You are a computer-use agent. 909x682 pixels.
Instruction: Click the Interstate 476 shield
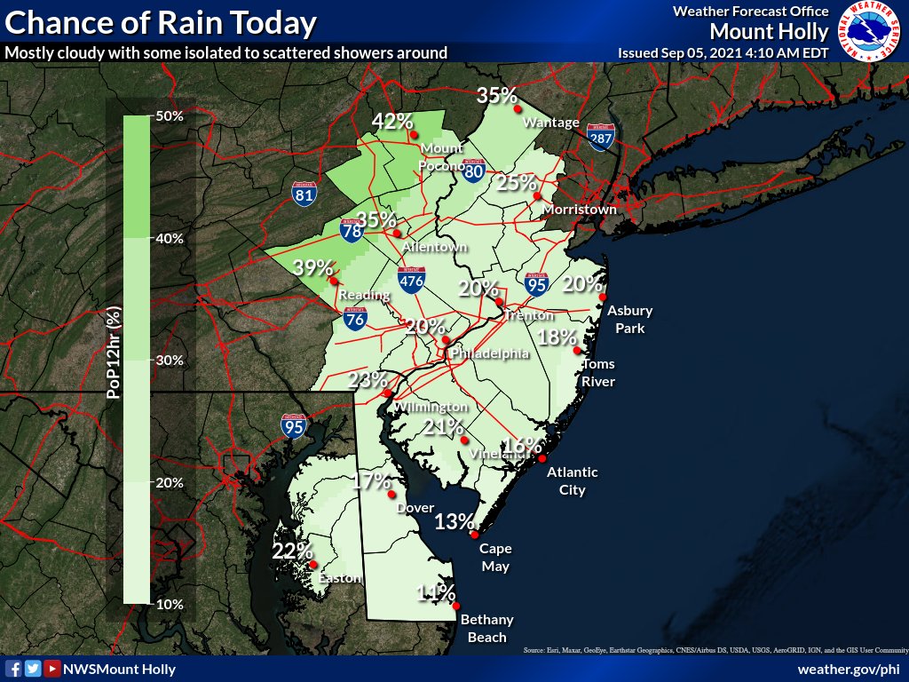pos(411,280)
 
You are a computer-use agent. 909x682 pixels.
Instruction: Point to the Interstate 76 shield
pos(354,319)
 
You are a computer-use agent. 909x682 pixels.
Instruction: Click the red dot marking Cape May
pos(476,535)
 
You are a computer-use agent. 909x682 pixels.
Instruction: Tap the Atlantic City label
pos(572,480)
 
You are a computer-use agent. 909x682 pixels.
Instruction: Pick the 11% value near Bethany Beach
pos(436,593)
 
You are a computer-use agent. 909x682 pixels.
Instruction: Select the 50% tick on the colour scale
pos(169,116)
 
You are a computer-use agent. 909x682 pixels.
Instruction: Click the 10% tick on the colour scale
pos(169,604)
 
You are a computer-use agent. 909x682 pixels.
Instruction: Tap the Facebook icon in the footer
pos(12,669)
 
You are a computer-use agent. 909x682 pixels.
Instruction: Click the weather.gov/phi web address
pos(850,669)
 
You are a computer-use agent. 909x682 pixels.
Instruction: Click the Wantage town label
pos(551,123)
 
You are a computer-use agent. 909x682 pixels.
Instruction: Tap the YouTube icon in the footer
pos(52,669)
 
